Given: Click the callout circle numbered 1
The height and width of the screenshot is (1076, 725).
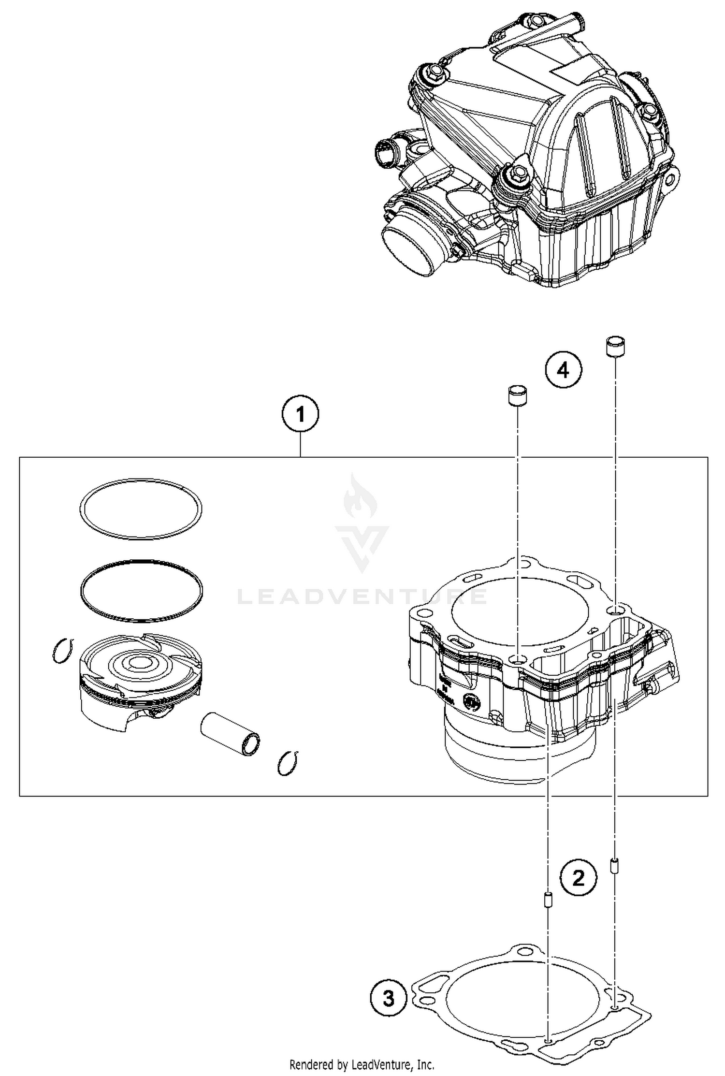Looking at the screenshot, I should click(300, 414).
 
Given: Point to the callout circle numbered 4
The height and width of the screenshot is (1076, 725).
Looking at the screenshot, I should click(563, 370).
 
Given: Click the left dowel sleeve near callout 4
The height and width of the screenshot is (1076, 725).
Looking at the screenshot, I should click(517, 396).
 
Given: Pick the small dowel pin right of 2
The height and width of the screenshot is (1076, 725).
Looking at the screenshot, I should click(614, 865).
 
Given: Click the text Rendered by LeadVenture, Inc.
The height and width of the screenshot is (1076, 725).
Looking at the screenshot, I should click(362, 1064).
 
